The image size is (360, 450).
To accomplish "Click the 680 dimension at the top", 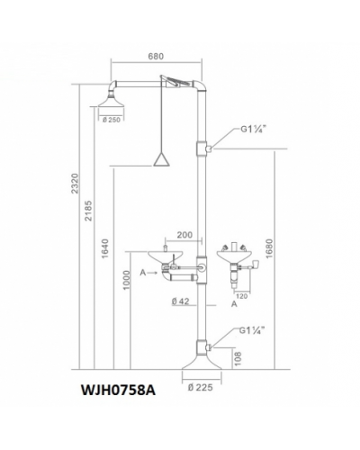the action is pyautogui.click(x=156, y=56).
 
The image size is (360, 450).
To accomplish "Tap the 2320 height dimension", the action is pyautogui.click(x=75, y=184).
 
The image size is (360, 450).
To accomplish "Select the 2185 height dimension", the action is pyautogui.click(x=88, y=211).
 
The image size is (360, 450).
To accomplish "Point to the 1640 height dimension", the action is pyautogui.click(x=104, y=249).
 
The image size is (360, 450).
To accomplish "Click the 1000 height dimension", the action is pyautogui.click(x=127, y=280).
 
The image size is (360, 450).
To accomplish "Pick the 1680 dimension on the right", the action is pyautogui.click(x=269, y=248).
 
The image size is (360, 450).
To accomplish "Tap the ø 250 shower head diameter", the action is pyautogui.click(x=111, y=120).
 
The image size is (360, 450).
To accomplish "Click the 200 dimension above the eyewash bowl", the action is pyautogui.click(x=184, y=235).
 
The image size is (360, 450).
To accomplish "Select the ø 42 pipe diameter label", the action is pyautogui.click(x=181, y=301).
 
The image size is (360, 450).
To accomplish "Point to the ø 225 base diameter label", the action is pyautogui.click(x=201, y=387).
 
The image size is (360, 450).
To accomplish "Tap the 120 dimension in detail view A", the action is pyautogui.click(x=242, y=296).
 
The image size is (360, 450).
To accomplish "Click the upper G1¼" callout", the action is pyautogui.click(x=254, y=129).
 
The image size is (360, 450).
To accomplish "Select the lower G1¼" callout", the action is pyautogui.click(x=252, y=330).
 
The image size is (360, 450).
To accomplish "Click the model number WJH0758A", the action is pyautogui.click(x=118, y=391).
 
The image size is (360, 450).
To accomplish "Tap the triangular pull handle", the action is pyautogui.click(x=162, y=158).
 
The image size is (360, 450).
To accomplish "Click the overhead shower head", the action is pyautogui.click(x=111, y=101).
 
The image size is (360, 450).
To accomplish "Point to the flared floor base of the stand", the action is pyautogui.click(x=202, y=362).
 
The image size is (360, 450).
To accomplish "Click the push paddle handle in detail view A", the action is pyautogui.click(x=255, y=265).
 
